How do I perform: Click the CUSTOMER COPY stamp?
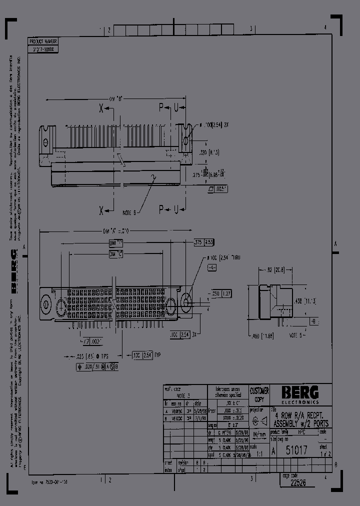pyautogui.click(x=259, y=394)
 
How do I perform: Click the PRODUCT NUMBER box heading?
pyautogui.click(x=44, y=41)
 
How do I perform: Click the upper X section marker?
pyautogui.click(x=101, y=107)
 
